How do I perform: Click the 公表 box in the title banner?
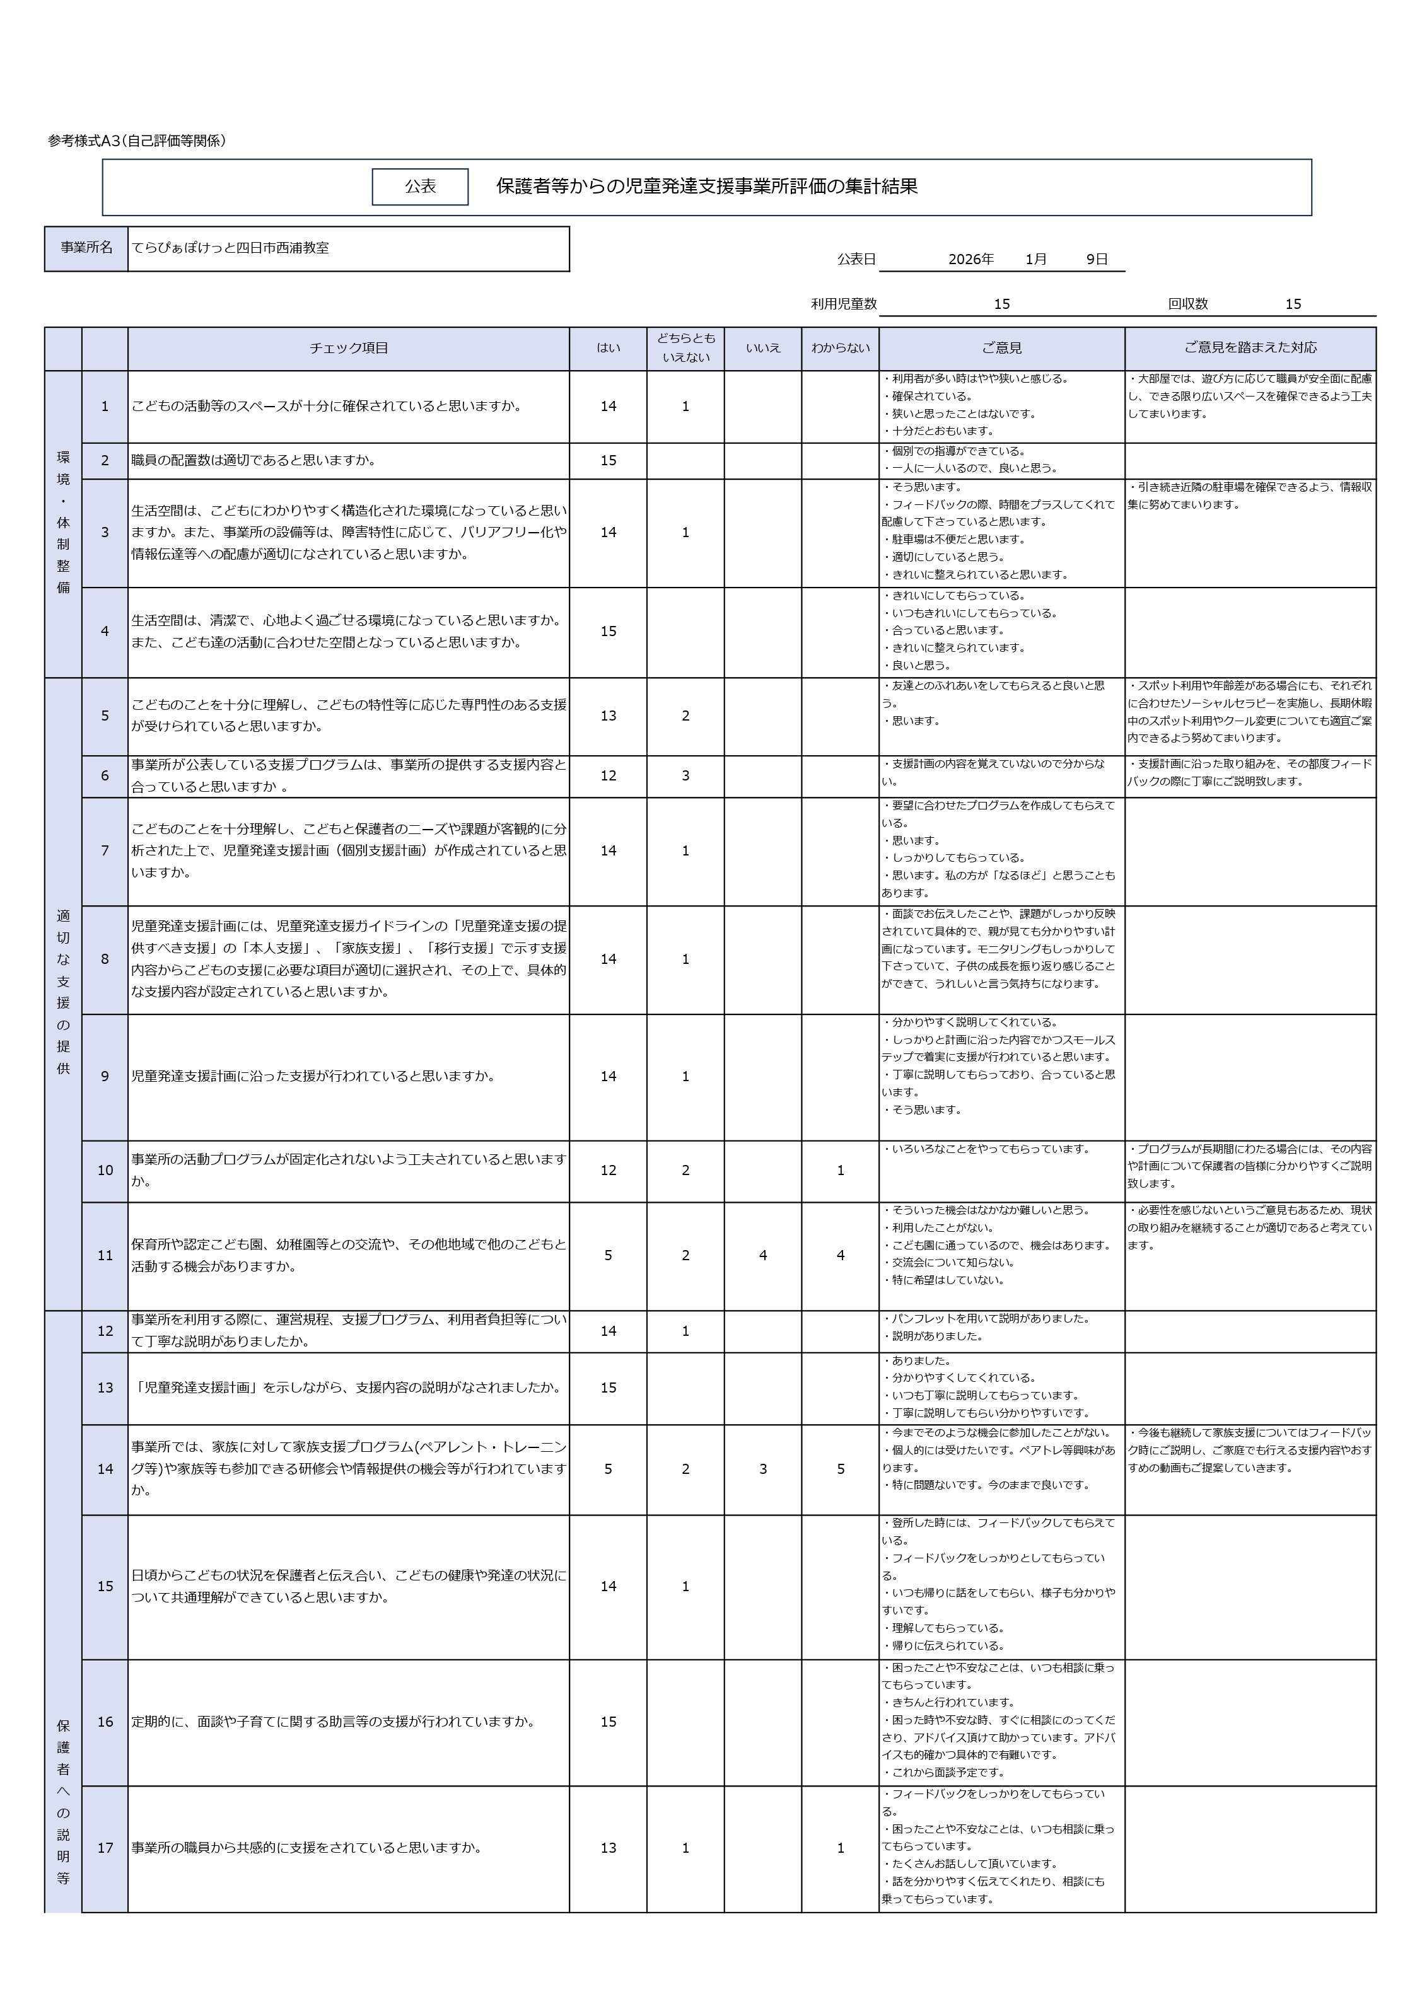[x=420, y=187]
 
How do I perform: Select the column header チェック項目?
[x=348, y=348]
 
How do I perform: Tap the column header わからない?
[x=839, y=348]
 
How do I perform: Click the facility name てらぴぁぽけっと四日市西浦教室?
[x=230, y=248]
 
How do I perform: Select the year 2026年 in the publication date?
[x=970, y=259]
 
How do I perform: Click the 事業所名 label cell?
[x=86, y=248]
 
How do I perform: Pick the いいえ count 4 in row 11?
[x=762, y=1255]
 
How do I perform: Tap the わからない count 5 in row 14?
[x=839, y=1469]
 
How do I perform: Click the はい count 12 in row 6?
[x=608, y=775]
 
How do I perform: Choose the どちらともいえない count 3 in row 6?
[x=685, y=775]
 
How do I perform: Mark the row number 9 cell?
[x=105, y=1077]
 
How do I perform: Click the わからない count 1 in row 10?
[x=839, y=1170]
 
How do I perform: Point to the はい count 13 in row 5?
[x=608, y=716]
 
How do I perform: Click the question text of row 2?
[x=254, y=460]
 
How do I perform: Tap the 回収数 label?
[x=1187, y=304]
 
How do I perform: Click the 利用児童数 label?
[x=843, y=304]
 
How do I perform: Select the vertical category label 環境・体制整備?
[x=63, y=523]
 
